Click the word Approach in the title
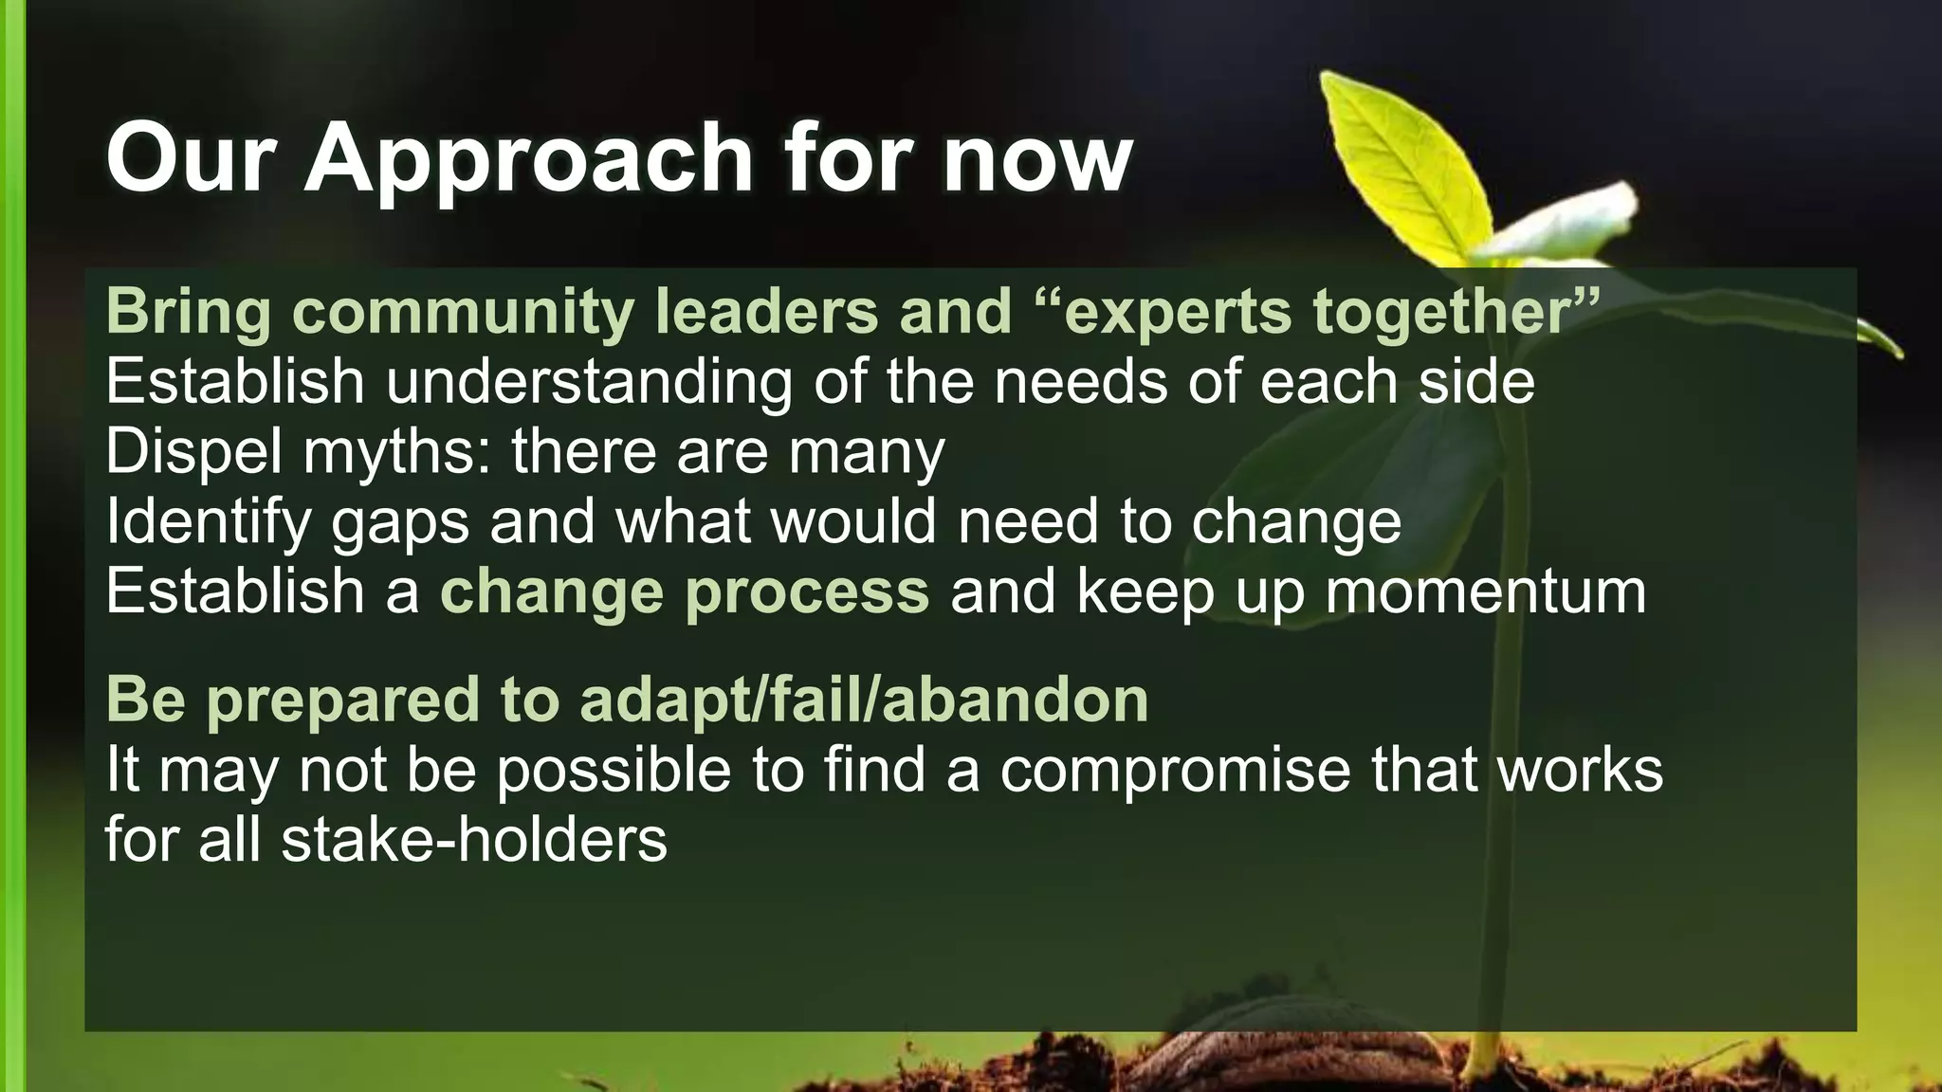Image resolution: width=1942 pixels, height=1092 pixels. pos(528,157)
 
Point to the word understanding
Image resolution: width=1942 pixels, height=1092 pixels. pos(588,382)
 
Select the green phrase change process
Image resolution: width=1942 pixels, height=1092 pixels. pos(685,592)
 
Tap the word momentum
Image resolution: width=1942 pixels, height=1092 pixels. pos(1485,592)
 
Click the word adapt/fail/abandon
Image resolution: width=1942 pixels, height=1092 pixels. pos(864,700)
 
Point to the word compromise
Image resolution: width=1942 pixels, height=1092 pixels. pos(1175,770)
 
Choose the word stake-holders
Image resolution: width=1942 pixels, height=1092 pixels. pos(474,840)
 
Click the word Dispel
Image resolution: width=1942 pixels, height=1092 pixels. pos(193,452)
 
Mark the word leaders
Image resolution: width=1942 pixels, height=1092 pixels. pos(766,311)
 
